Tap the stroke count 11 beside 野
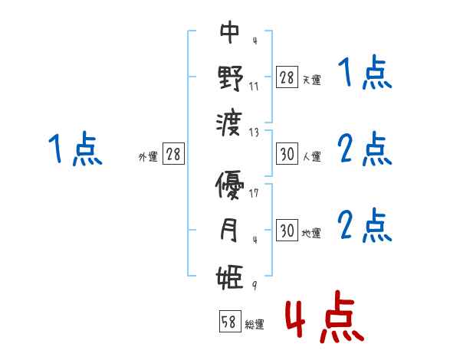click(254, 86)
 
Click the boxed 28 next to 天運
click(287, 77)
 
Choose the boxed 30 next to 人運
click(287, 154)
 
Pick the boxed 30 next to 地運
click(287, 231)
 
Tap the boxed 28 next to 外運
click(173, 154)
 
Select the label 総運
click(254, 325)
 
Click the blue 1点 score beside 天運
click(364, 75)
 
